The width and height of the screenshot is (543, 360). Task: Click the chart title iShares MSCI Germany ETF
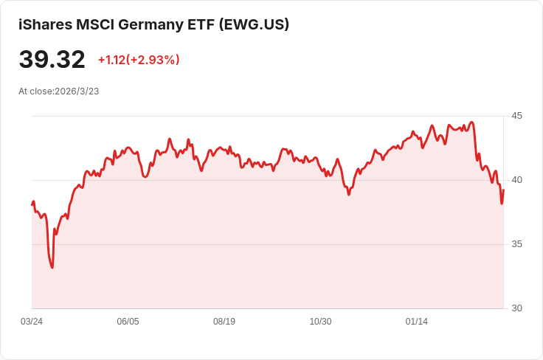pyautogui.click(x=117, y=25)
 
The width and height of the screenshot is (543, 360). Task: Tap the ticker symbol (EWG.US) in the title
pyautogui.click(x=254, y=25)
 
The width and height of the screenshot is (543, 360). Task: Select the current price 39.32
pyautogui.click(x=52, y=59)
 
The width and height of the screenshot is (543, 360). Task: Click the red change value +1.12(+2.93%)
pyautogui.click(x=139, y=60)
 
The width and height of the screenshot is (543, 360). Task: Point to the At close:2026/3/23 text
pyautogui.click(x=59, y=91)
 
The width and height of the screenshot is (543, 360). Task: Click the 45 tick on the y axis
pyautogui.click(x=516, y=116)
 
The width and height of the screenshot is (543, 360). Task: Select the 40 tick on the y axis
pyautogui.click(x=516, y=180)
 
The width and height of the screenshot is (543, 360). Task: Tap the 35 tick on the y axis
pyautogui.click(x=516, y=244)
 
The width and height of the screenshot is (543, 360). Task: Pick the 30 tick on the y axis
pyautogui.click(x=516, y=308)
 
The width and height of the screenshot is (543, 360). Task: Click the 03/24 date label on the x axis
pyautogui.click(x=32, y=322)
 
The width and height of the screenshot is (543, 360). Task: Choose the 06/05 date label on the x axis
pyautogui.click(x=128, y=322)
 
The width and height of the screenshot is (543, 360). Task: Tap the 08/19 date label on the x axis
pyautogui.click(x=224, y=322)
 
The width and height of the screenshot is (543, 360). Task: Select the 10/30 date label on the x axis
pyautogui.click(x=320, y=322)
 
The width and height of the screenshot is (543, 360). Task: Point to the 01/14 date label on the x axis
pyautogui.click(x=417, y=322)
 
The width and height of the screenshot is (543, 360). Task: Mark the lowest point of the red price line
pyautogui.click(x=52, y=268)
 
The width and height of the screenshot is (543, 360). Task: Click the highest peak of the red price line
pyautogui.click(x=471, y=122)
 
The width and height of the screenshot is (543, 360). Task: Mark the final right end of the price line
pyautogui.click(x=503, y=190)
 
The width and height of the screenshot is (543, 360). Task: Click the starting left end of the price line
pyautogui.click(x=32, y=204)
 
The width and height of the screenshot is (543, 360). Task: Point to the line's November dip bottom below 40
pyautogui.click(x=349, y=195)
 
